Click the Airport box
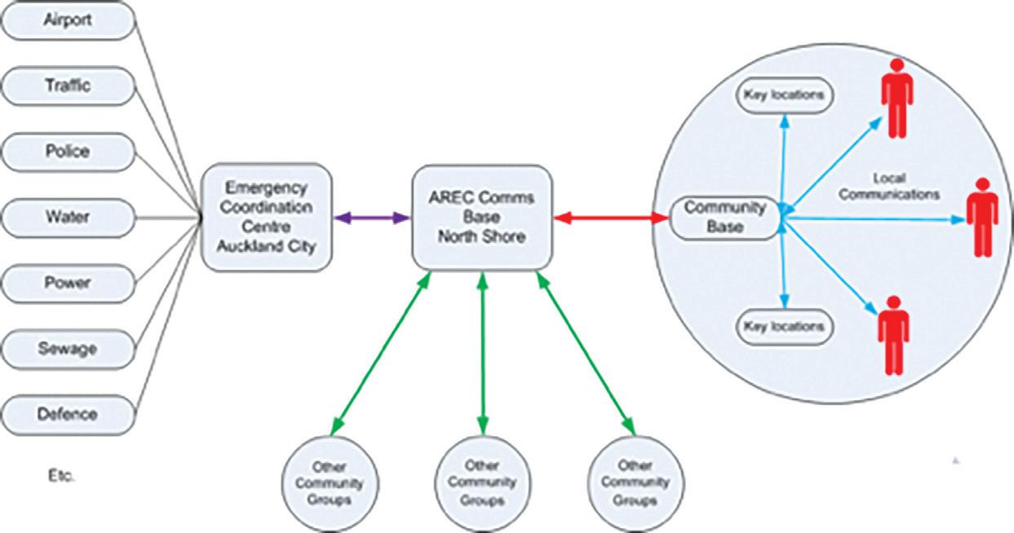click(x=69, y=20)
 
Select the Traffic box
click(x=69, y=86)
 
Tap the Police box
click(x=69, y=152)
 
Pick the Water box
click(x=69, y=218)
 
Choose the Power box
click(x=69, y=284)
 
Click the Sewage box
click(x=69, y=350)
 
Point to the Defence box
click(x=69, y=415)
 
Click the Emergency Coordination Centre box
click(x=267, y=218)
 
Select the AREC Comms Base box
click(x=482, y=218)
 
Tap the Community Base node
click(x=724, y=218)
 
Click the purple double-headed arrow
click(x=372, y=218)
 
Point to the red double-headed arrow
click(x=611, y=218)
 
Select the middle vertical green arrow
click(x=483, y=354)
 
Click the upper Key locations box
click(x=785, y=95)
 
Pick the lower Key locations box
click(x=785, y=328)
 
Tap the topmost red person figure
click(x=897, y=98)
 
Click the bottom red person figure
click(x=893, y=336)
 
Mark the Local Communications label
click(x=889, y=187)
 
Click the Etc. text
click(x=61, y=476)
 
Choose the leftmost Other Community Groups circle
click(x=330, y=484)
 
